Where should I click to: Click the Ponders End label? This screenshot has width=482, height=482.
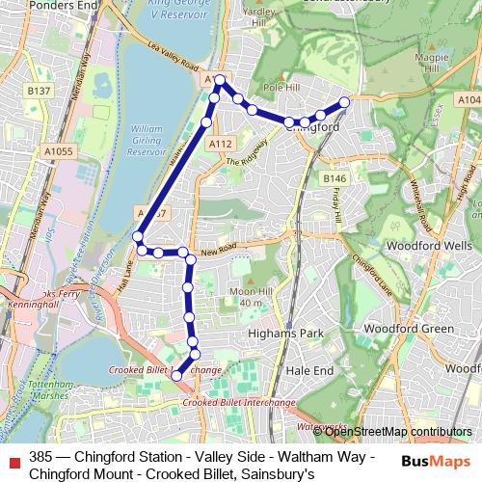pyautogui.click(x=38, y=5)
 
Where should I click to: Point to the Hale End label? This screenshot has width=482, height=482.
pyautogui.click(x=308, y=368)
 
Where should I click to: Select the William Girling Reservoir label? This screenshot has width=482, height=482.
pyautogui.click(x=147, y=140)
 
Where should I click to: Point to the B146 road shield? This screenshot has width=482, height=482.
pyautogui.click(x=335, y=179)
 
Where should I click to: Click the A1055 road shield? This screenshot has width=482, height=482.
pyautogui.click(x=58, y=151)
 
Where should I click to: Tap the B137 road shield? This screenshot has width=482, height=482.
pyautogui.click(x=39, y=91)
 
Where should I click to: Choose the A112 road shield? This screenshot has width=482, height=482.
pyautogui.click(x=221, y=144)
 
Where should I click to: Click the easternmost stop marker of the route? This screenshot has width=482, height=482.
pyautogui.click(x=345, y=101)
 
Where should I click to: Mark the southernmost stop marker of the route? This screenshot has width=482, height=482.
pyautogui.click(x=176, y=374)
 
